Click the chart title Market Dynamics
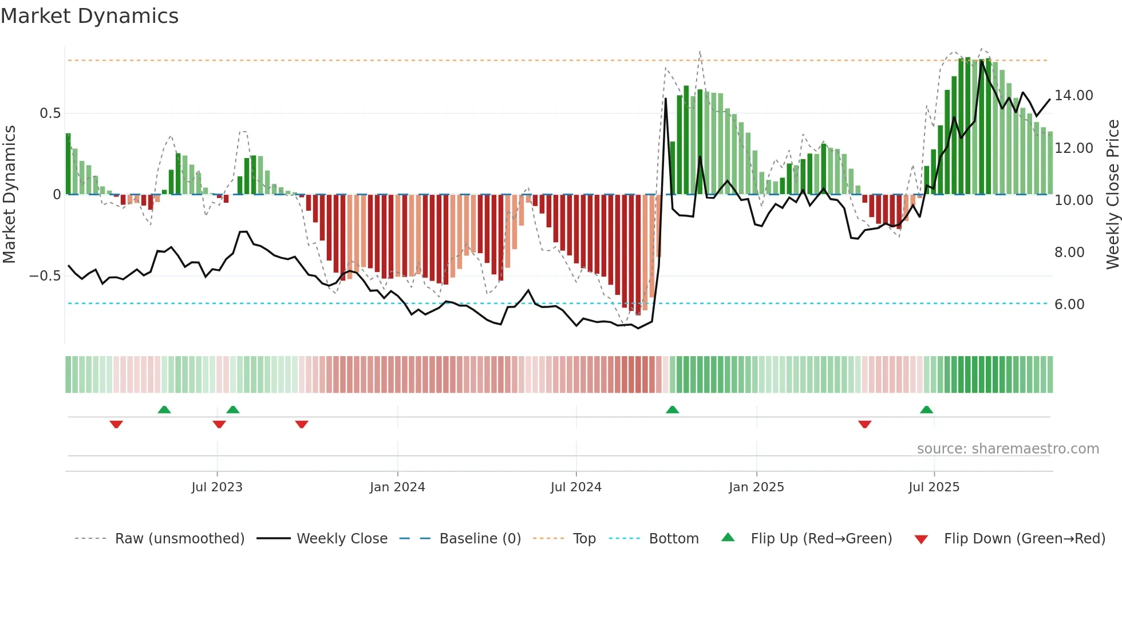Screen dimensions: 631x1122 [89, 16]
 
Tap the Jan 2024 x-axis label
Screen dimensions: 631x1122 [397, 487]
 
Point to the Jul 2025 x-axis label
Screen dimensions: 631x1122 [934, 487]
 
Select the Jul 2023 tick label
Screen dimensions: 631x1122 [217, 487]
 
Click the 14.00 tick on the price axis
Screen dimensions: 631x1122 [1073, 96]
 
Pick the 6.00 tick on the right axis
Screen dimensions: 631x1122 [1069, 305]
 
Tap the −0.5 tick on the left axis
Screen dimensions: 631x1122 [45, 276]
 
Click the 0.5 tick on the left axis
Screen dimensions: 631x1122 [50, 113]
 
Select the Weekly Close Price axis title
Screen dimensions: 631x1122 [1112, 195]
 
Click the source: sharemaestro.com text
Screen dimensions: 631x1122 [1008, 449]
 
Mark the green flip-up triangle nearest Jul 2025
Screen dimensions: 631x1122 [926, 409]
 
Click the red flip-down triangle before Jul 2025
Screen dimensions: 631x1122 [864, 424]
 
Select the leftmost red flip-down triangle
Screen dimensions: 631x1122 [116, 424]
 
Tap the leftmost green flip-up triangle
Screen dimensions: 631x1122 [164, 409]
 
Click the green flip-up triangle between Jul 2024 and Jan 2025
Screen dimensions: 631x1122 [672, 409]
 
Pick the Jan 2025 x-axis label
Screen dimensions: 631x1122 [756, 487]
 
